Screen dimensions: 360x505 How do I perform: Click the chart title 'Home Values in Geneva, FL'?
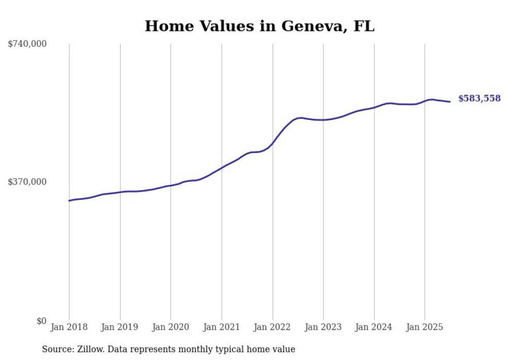point(259,26)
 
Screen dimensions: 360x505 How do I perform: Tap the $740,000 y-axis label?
point(27,44)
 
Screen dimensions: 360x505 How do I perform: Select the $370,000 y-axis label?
point(27,182)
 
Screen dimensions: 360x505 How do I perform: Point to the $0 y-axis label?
point(41,321)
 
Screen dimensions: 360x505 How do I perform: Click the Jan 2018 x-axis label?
point(69,328)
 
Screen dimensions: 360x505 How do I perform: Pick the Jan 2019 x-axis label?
point(120,328)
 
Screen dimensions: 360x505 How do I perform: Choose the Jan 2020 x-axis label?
point(171,328)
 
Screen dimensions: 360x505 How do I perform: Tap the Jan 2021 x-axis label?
point(222,328)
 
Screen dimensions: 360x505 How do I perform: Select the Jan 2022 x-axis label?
point(273,328)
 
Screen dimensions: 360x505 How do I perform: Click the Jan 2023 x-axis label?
point(323,328)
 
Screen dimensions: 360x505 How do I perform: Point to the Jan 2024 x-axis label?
point(374,328)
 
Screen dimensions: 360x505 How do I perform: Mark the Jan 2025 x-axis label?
point(425,328)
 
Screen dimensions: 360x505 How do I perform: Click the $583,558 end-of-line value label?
point(479,98)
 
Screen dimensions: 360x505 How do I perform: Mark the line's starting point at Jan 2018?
point(69,200)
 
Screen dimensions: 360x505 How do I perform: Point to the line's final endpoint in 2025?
point(450,101)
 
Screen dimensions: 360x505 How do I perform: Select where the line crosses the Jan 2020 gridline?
point(171,185)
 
